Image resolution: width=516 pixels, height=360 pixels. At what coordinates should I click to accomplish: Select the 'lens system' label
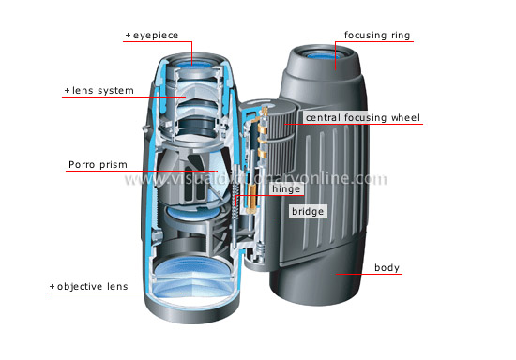pos(102,91)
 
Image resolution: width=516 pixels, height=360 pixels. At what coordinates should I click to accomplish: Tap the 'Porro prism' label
pos(96,165)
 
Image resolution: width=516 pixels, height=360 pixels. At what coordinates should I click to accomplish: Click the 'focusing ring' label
pos(378,36)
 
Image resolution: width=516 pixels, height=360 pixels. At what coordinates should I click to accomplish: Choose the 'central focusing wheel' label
pos(361,118)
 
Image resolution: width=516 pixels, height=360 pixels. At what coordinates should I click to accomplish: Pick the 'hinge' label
pos(285,188)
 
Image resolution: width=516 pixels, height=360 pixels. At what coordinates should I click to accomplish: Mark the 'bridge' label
pos(308,212)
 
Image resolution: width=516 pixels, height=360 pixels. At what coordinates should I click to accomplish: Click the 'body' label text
pos(387,268)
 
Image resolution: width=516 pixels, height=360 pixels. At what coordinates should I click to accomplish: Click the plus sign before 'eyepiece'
pos(128,36)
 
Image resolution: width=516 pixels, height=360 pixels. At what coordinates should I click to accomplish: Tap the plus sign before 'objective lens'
pos(52,285)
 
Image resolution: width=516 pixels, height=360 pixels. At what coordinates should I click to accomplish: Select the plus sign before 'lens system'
pos(67,91)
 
